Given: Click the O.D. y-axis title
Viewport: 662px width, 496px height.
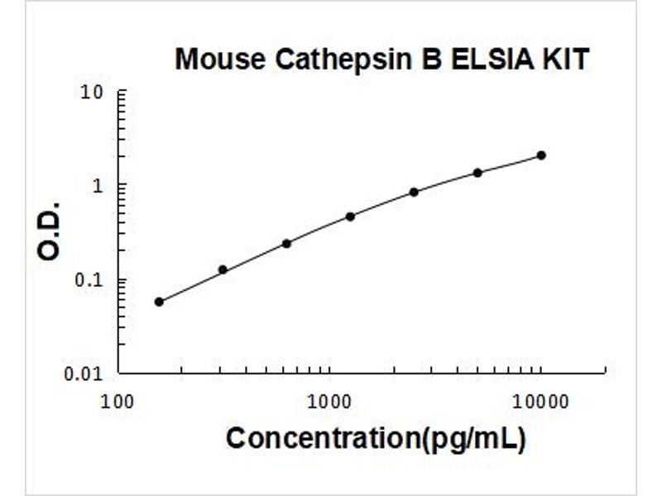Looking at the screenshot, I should (50, 231).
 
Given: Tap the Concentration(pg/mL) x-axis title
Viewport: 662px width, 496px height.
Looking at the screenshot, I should (375, 439).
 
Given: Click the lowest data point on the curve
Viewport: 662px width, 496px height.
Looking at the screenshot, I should (159, 302).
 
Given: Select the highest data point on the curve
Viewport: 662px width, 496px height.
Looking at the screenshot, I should (541, 155).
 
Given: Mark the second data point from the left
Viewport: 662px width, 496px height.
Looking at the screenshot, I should (223, 269).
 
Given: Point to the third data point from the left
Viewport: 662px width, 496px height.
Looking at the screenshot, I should (286, 243).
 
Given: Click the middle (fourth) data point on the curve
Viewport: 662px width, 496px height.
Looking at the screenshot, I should (350, 217).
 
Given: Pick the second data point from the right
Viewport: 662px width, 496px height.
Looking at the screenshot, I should (477, 173).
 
